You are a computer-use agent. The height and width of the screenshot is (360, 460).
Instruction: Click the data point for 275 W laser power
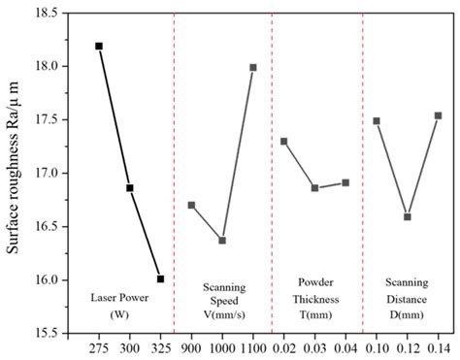click(99, 46)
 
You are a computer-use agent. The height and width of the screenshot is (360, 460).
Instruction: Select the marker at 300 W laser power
click(130, 188)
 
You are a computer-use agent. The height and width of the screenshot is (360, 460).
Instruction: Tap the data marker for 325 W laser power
click(160, 278)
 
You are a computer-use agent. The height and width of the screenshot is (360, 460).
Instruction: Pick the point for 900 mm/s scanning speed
click(191, 205)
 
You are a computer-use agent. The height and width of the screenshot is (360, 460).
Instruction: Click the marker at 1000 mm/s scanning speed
click(222, 240)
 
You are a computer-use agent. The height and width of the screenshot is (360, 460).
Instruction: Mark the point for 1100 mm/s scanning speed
click(253, 67)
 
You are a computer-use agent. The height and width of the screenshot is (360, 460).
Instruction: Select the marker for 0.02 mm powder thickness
click(283, 142)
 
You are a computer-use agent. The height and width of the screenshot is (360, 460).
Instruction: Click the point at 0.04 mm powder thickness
click(345, 182)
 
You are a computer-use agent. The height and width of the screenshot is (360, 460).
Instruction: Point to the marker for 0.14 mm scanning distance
click(438, 115)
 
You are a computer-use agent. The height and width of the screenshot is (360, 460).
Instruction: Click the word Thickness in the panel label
click(314, 300)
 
